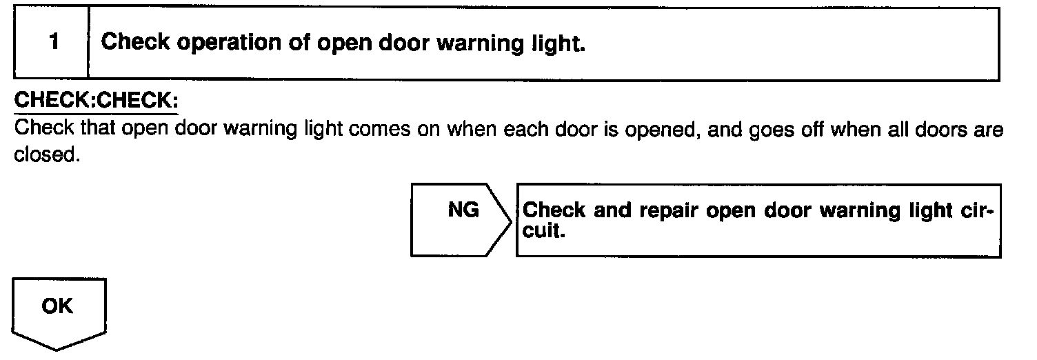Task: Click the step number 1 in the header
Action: click(54, 43)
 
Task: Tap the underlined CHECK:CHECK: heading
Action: click(96, 100)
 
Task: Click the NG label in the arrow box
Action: click(463, 210)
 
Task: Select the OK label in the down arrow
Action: click(57, 306)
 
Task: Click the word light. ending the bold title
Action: click(559, 43)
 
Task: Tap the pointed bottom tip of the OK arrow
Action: click(57, 349)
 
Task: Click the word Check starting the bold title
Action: click(135, 43)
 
